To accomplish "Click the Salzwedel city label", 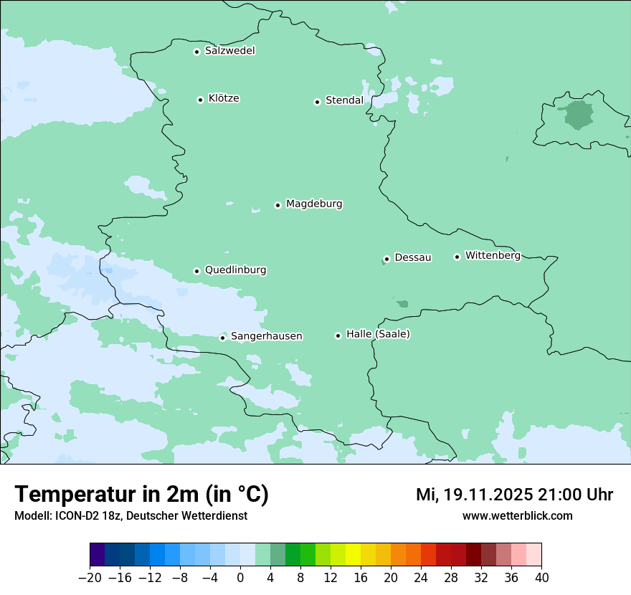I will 229,51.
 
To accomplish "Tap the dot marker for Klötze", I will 200,100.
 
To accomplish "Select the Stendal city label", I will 344,100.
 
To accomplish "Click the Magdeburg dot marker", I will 277,205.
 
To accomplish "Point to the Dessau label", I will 413,257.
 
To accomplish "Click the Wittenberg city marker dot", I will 457,257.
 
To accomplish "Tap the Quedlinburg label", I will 235,270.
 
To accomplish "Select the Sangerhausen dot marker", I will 223,338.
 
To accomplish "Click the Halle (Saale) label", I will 378,334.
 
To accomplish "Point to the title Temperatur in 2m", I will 141,495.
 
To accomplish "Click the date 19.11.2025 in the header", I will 488,495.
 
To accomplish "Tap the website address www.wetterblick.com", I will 517,515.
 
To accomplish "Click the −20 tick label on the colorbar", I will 90,578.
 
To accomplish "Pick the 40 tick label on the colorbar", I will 541,578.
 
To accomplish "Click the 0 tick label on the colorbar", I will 240,578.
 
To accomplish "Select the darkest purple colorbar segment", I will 97,555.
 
